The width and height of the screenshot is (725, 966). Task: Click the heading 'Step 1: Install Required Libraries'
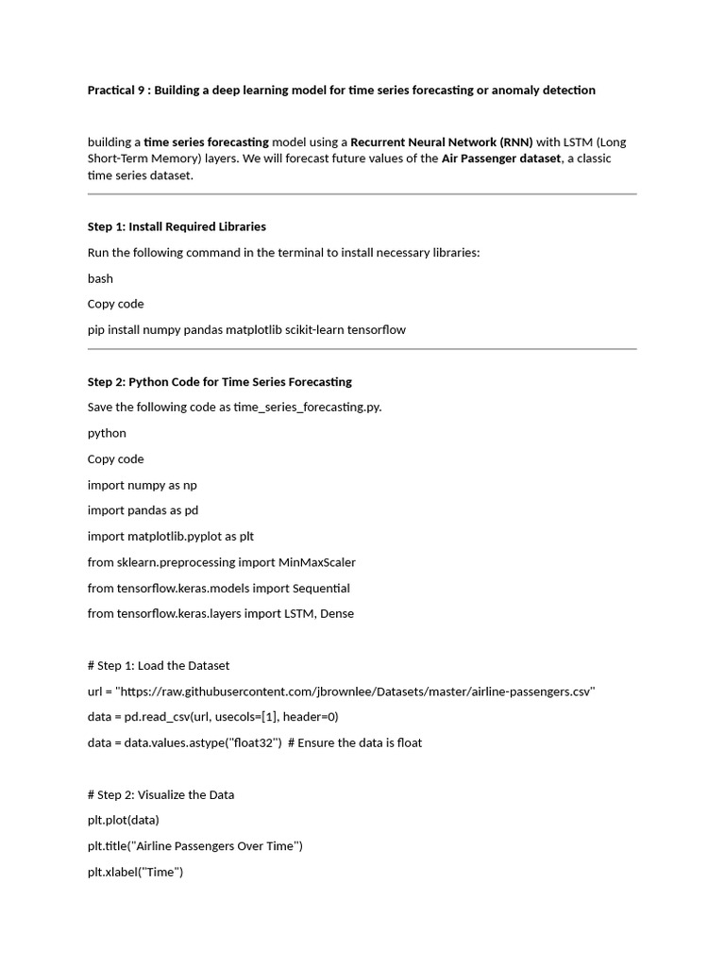pyautogui.click(x=177, y=226)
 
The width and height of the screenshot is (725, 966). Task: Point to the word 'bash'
pyautogui.click(x=100, y=278)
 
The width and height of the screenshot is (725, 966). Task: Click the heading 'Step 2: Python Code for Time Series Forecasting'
pyautogui.click(x=219, y=382)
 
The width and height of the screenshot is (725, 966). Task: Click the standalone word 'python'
pyautogui.click(x=107, y=433)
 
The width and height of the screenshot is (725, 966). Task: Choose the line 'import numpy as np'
pyautogui.click(x=142, y=485)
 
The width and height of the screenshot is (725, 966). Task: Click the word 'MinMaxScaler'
pyautogui.click(x=316, y=562)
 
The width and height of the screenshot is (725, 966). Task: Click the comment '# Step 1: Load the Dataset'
pyautogui.click(x=158, y=665)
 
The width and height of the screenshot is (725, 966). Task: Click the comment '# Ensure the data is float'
pyautogui.click(x=354, y=742)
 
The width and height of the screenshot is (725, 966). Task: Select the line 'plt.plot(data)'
pyautogui.click(x=124, y=820)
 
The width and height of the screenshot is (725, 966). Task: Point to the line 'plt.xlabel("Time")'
pyautogui.click(x=135, y=872)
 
